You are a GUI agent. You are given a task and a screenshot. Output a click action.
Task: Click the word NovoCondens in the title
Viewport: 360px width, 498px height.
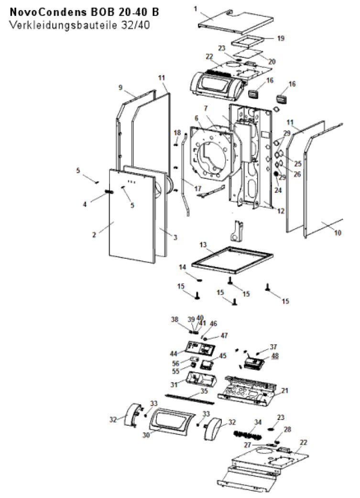pos(48,12)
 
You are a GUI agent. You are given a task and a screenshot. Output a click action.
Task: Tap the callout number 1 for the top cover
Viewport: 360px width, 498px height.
pos(196,9)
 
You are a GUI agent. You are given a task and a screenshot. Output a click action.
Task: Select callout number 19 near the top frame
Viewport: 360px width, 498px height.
pos(281,38)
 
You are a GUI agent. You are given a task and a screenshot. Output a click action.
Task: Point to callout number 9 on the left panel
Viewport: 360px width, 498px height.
pos(120,88)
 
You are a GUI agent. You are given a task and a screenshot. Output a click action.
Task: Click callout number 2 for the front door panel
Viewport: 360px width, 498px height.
pos(94,235)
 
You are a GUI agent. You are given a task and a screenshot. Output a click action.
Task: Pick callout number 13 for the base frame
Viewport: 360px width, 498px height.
pos(203,244)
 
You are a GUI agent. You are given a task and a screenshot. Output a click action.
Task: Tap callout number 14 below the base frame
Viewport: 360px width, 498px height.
pos(182,267)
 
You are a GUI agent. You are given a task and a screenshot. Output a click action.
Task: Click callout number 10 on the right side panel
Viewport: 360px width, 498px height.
pos(338,233)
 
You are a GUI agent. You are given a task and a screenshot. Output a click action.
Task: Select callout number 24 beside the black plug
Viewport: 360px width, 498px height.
pos(278,190)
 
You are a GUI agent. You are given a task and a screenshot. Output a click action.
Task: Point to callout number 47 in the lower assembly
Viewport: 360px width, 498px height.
pos(224,335)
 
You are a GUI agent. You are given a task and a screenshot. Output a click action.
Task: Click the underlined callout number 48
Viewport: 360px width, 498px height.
pos(275,356)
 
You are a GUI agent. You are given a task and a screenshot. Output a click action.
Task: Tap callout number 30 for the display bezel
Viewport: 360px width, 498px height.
pos(146,435)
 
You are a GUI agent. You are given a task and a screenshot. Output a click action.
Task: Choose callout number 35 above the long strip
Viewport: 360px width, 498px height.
pos(204,391)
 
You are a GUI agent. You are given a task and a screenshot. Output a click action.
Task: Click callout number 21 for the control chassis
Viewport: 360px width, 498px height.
pos(285,390)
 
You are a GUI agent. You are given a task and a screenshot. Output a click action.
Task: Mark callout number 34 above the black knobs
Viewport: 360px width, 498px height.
pos(258,422)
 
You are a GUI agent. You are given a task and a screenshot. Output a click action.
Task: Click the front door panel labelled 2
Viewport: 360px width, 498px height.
pos(132,216)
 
